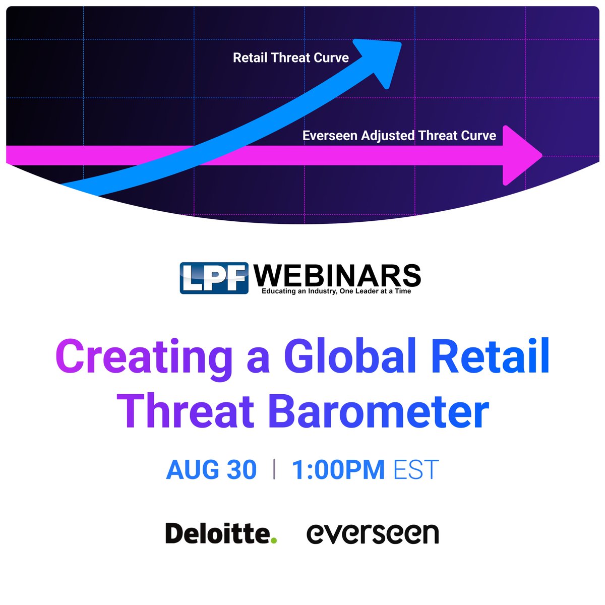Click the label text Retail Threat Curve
pyautogui.click(x=290, y=58)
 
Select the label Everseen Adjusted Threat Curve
pyautogui.click(x=399, y=136)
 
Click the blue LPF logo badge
pyautogui.click(x=214, y=278)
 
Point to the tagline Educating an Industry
pyautogui.click(x=336, y=291)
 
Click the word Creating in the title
pyautogui.click(x=143, y=357)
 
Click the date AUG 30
pyautogui.click(x=211, y=470)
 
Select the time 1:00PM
pyautogui.click(x=338, y=470)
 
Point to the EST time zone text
pyautogui.click(x=416, y=470)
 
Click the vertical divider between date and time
pyautogui.click(x=274, y=469)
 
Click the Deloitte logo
pyautogui.click(x=218, y=533)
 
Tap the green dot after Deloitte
pyautogui.click(x=274, y=540)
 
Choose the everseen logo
pyautogui.click(x=373, y=533)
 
